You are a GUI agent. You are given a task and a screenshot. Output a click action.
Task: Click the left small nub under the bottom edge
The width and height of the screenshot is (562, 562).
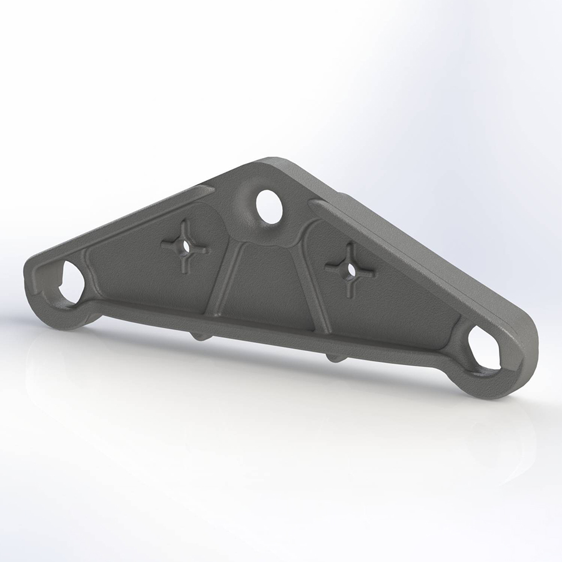pyautogui.click(x=200, y=337)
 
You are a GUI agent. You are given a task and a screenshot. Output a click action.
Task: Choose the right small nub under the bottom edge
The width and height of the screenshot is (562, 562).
pyautogui.click(x=335, y=358)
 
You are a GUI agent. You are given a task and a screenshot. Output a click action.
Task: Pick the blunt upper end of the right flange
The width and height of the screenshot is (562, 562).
pyautogui.click(x=315, y=204)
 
